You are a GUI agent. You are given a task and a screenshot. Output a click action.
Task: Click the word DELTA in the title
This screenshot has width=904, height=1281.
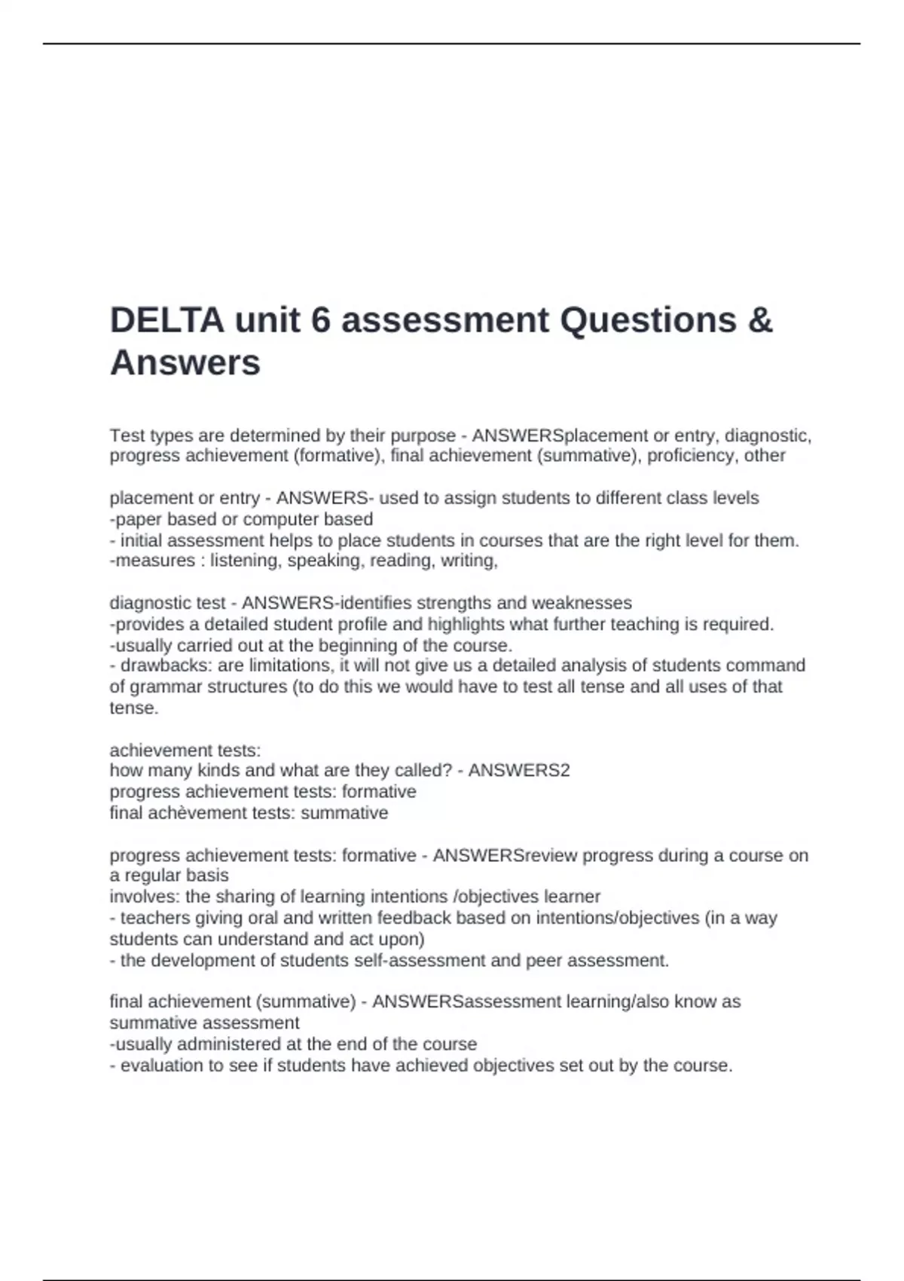click(166, 320)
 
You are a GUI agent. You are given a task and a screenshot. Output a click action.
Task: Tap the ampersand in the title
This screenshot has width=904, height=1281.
click(761, 320)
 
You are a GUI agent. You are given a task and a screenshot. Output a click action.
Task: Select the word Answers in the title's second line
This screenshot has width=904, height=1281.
click(185, 362)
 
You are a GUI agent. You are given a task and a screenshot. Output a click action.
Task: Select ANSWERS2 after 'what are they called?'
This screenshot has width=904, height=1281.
click(519, 771)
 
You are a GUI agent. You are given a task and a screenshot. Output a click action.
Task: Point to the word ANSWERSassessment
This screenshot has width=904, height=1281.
click(466, 1002)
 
